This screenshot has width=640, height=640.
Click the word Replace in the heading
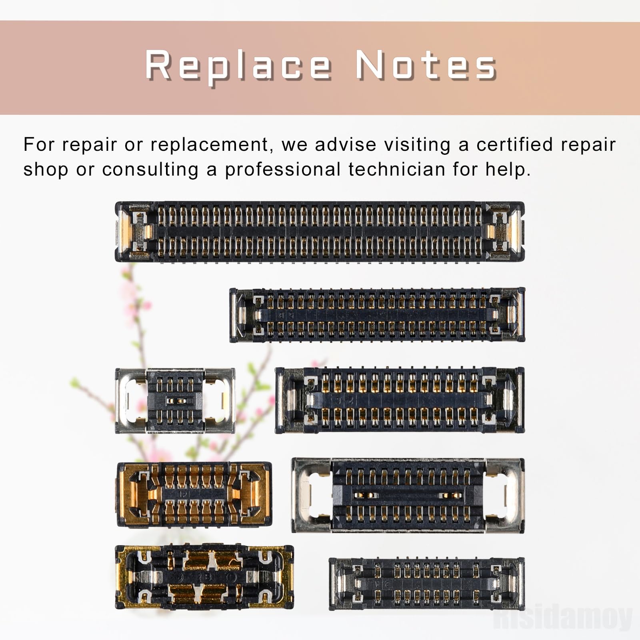(238, 65)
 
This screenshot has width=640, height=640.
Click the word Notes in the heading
(426, 65)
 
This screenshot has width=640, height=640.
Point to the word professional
(282, 170)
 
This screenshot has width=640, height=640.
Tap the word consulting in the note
(150, 170)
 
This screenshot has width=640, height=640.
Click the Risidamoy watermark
(562, 618)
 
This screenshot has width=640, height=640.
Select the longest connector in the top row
(320, 232)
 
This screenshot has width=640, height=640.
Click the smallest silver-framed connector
(175, 400)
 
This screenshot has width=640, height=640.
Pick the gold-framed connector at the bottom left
(204, 577)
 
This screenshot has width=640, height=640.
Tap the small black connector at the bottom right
(426, 584)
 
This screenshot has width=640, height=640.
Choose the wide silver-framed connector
(408, 495)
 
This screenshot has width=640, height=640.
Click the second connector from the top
(377, 315)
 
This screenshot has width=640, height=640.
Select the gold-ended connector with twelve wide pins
(194, 494)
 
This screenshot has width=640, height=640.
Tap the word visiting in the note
(417, 145)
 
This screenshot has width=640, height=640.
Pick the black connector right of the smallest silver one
(400, 400)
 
